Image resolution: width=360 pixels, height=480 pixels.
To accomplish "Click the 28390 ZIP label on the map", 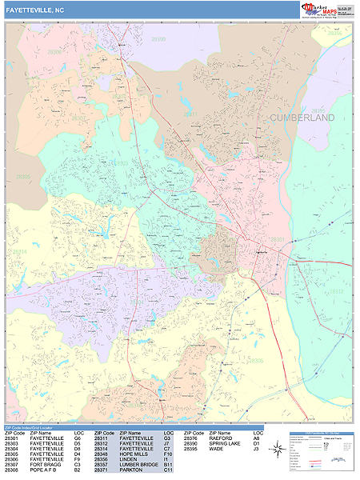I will point(158,38).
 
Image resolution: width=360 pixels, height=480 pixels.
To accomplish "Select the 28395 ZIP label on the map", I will point(318,110).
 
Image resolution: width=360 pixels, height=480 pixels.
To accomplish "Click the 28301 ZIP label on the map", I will point(277,239).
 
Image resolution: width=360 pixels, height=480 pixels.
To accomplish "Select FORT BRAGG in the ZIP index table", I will point(46,464).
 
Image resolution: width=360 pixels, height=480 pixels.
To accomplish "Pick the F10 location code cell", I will point(168,452).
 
